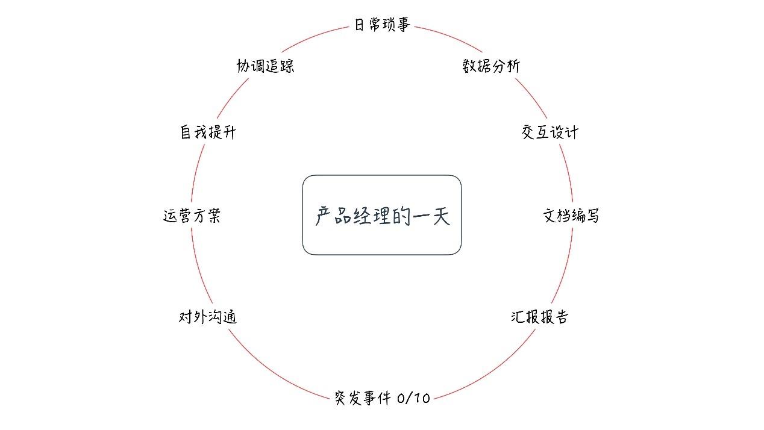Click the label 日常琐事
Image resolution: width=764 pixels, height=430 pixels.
382,25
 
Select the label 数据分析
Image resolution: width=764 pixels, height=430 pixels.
490,66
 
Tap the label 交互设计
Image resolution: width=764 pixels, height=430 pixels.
550,132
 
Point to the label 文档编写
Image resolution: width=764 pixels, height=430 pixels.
571,216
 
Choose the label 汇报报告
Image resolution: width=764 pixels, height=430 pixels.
539,317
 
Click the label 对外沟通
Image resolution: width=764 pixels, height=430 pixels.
208,317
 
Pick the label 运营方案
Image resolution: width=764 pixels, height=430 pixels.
192,216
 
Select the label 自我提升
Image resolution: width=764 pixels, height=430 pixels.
208,132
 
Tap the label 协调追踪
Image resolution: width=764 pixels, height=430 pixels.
265,66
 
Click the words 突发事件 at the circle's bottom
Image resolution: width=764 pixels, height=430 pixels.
363,398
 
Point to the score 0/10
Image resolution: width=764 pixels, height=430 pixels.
414,398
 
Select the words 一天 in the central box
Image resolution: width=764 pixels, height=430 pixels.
431,216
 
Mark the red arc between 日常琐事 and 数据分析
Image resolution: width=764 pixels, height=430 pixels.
449,37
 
